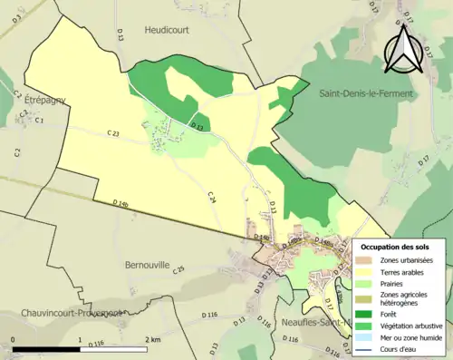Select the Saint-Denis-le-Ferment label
pyautogui.click(x=365, y=93)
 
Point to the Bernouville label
pyautogui.click(x=146, y=266)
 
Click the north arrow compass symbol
pyautogui.click(x=399, y=49)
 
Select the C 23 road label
pyautogui.click(x=112, y=133)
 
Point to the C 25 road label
pyautogui.click(x=178, y=269)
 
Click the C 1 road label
pyautogui.click(x=39, y=120)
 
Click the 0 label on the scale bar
pyautogui.click(x=14, y=339)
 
